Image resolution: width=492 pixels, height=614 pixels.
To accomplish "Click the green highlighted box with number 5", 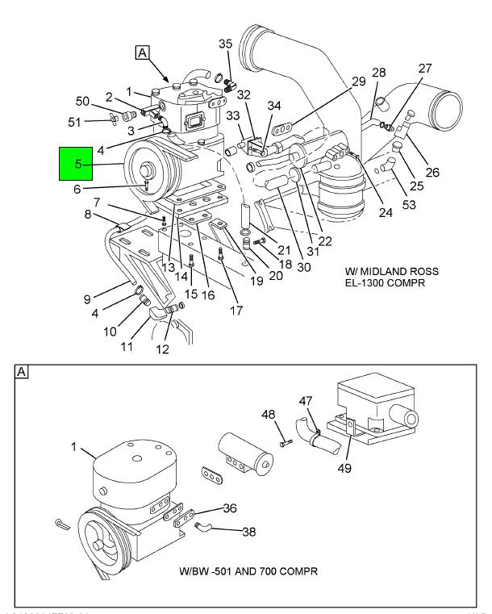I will pos(78,164).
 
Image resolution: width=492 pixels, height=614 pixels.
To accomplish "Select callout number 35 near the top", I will pos(225,44).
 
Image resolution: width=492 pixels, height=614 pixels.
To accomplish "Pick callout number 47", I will pos(304,400).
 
